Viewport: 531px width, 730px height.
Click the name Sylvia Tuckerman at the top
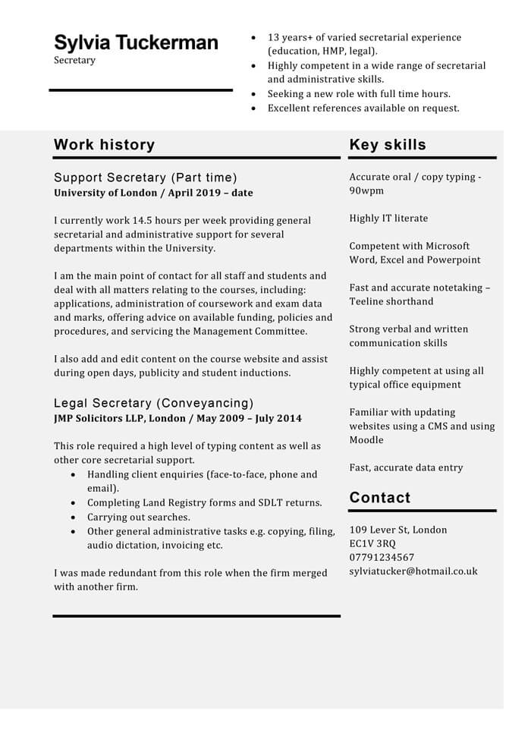(x=136, y=42)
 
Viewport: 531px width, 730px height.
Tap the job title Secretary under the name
(x=74, y=60)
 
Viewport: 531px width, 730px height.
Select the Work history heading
(x=104, y=145)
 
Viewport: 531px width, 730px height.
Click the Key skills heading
(x=388, y=145)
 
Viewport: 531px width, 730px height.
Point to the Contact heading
(x=379, y=498)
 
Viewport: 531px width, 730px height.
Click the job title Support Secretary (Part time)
(x=145, y=178)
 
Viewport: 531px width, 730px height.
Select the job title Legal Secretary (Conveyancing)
(x=153, y=403)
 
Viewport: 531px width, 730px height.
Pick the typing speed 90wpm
(x=366, y=190)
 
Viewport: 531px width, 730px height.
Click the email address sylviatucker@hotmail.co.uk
(x=413, y=571)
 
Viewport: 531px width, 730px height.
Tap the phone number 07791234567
(x=382, y=557)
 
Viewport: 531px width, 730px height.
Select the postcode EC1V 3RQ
(x=372, y=543)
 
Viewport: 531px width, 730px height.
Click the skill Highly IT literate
(x=388, y=219)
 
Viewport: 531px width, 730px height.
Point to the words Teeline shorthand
(x=391, y=301)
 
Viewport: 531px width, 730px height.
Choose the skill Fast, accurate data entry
(x=406, y=467)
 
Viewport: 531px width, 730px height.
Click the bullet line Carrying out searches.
(x=138, y=517)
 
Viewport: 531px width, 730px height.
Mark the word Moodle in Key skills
(x=366, y=440)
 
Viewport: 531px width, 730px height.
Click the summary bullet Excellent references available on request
(x=363, y=109)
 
